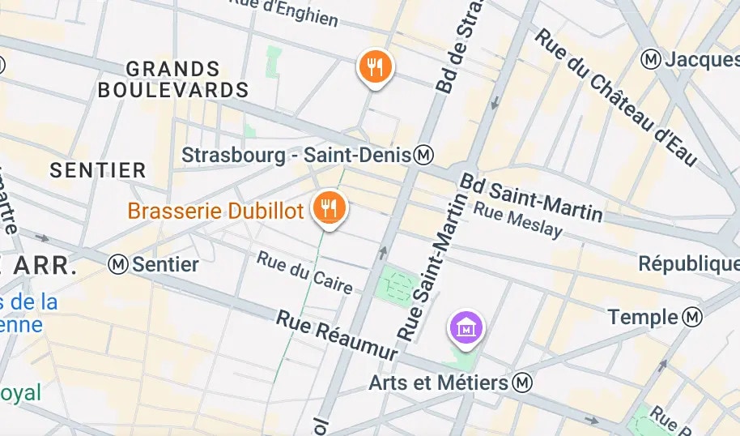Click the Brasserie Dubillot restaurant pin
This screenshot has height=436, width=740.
click(x=329, y=208)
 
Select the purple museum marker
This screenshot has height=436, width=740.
click(x=466, y=328)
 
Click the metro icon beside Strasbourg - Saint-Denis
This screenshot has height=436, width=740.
click(x=423, y=154)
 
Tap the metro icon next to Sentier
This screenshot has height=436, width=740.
click(x=119, y=263)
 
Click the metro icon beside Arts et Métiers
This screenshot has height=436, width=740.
click(x=524, y=382)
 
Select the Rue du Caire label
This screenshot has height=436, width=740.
click(x=304, y=272)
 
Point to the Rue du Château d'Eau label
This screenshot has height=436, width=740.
click(x=615, y=97)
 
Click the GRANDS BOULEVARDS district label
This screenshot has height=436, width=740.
click(x=172, y=79)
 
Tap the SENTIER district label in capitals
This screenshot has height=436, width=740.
click(x=97, y=170)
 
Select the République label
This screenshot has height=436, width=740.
click(x=688, y=264)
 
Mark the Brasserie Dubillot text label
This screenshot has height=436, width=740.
click(x=215, y=212)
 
